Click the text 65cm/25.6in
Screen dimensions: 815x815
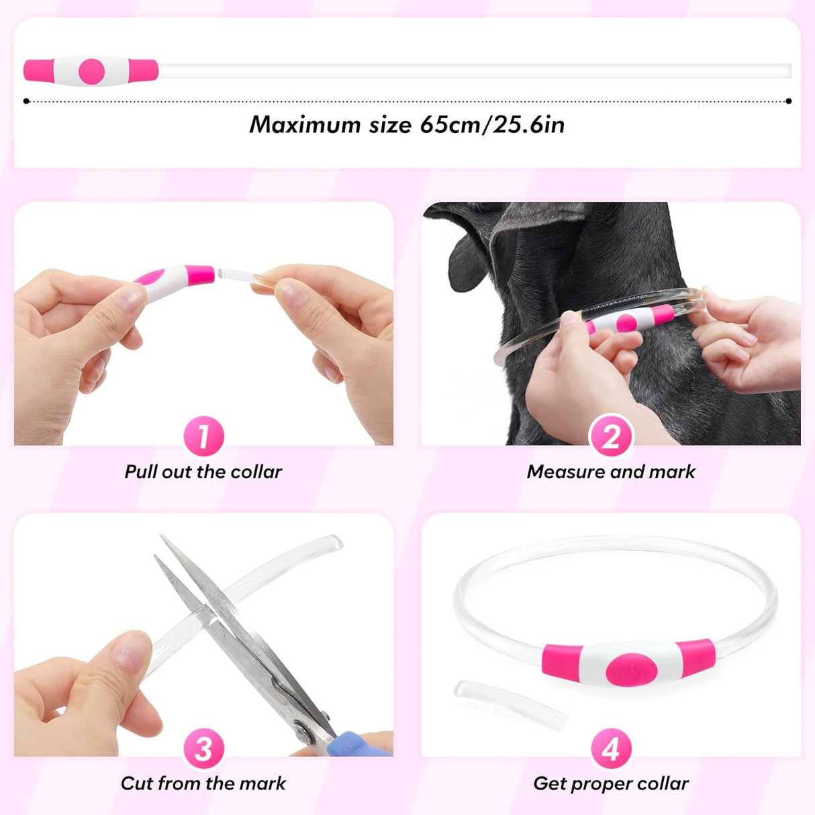[x=492, y=125]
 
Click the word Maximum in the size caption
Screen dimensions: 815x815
[x=305, y=125]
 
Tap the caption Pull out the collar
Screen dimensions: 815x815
[x=203, y=472]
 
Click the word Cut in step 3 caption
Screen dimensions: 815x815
[x=136, y=783]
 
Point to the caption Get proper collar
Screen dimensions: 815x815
[x=611, y=783]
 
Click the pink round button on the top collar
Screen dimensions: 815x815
[x=91, y=70]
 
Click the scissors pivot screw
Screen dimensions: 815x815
[x=305, y=728]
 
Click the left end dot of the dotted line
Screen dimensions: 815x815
[x=26, y=101]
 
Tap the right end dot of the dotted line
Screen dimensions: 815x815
[x=789, y=101]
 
